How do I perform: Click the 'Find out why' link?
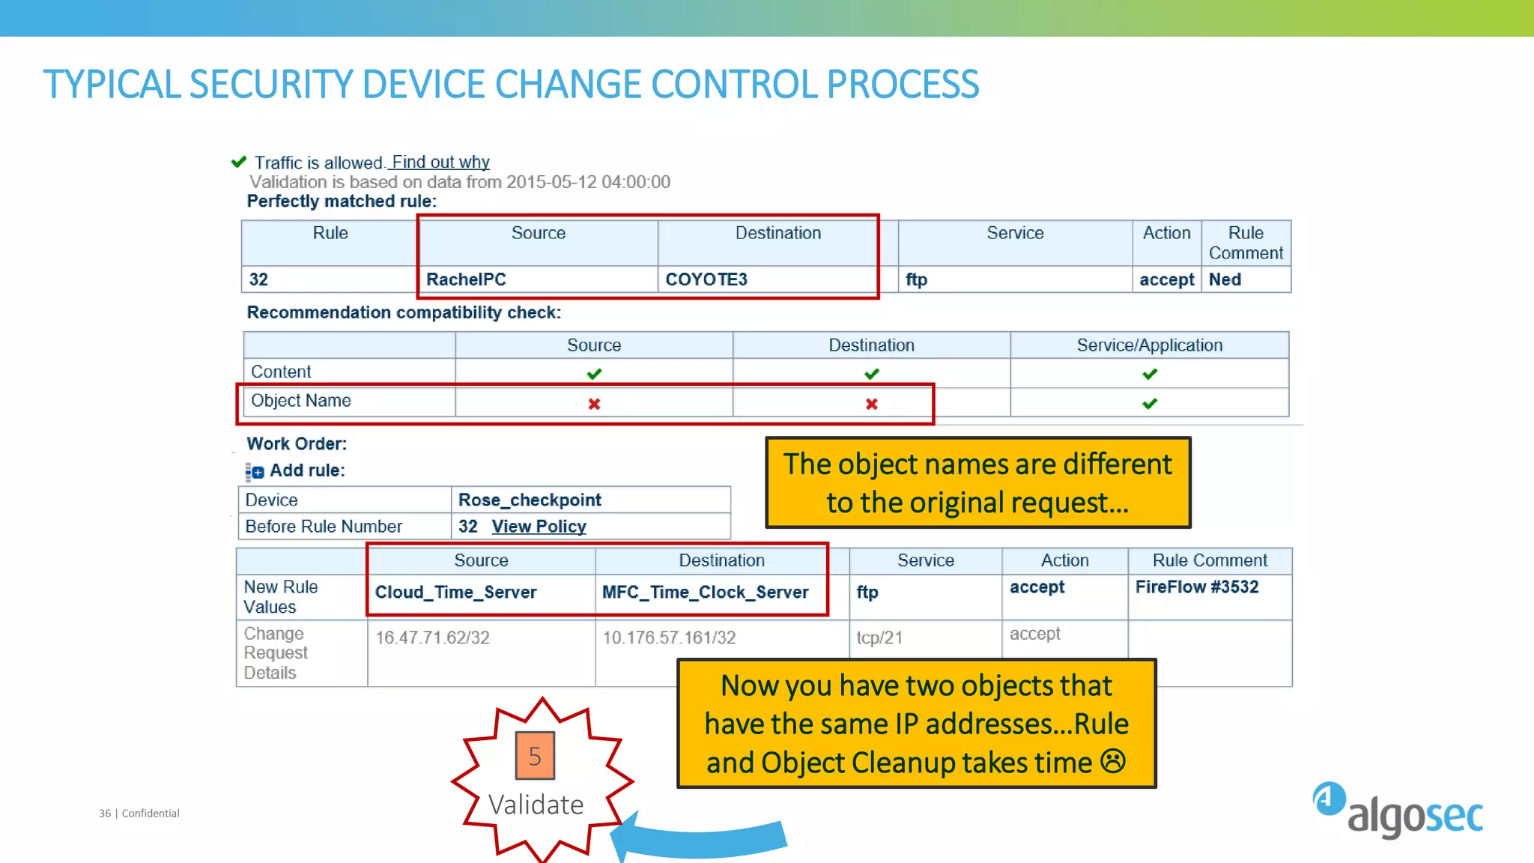(440, 162)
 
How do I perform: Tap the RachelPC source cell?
(466, 279)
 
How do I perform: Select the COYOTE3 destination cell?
(706, 279)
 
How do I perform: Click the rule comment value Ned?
(1225, 279)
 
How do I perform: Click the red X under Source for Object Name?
(594, 404)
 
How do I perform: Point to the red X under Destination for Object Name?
(872, 404)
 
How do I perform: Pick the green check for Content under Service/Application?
(1150, 374)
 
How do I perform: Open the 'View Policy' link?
(539, 527)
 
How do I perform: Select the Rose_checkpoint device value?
(530, 500)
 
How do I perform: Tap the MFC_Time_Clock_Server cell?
(705, 592)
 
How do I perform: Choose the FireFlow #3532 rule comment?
(1196, 587)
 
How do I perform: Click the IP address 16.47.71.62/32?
(432, 638)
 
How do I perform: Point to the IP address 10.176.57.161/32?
(669, 638)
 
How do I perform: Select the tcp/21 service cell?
(879, 638)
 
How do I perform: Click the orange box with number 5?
(535, 755)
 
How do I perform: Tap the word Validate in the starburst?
(536, 805)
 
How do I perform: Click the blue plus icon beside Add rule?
(257, 472)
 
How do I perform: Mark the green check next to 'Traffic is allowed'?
(239, 162)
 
